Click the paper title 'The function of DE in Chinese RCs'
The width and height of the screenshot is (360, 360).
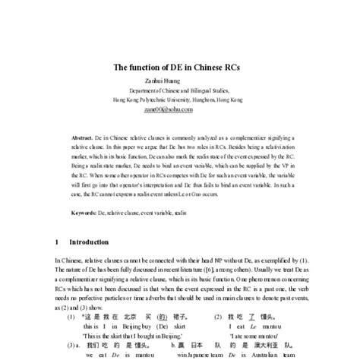[x=180, y=68]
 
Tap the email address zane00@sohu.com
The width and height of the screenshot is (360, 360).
[x=180, y=109]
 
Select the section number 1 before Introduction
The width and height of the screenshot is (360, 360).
[x=57, y=242]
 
